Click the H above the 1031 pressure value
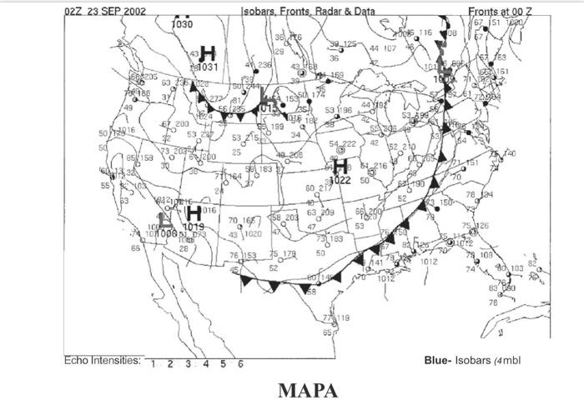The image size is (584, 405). coord(208,52)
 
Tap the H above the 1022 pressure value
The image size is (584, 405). coord(340,166)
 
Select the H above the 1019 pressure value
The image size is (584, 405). coord(194,212)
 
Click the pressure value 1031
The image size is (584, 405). coord(208,67)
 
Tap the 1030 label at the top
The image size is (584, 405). coord(182,24)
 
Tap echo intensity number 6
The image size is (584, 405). coord(240,363)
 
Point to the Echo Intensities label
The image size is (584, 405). coord(103,360)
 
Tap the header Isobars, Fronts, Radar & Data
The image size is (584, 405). coord(308,12)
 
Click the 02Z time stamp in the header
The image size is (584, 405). coord(73,12)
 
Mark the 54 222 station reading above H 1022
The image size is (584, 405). coord(343,143)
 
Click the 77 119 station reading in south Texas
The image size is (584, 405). coord(336,317)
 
